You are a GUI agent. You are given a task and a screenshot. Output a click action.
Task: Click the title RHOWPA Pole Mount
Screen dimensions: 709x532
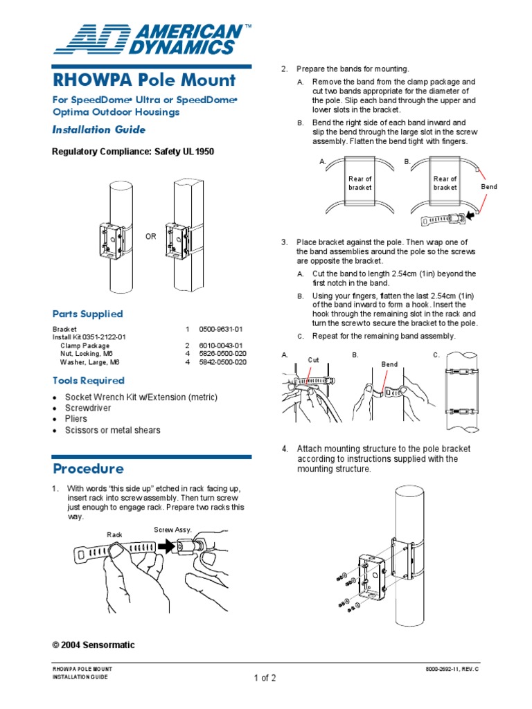(144, 80)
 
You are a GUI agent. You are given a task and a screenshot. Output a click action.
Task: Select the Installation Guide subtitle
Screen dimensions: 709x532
(99, 129)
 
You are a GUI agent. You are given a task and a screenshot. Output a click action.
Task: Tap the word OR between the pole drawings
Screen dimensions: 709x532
(150, 237)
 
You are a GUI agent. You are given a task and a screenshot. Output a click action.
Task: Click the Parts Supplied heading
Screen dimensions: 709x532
(88, 314)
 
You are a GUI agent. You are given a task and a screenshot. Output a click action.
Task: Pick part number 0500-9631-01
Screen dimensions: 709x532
(220, 329)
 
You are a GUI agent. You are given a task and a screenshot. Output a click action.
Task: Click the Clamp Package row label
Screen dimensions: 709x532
(85, 345)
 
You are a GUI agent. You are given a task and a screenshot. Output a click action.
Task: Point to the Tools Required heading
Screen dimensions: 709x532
(89, 380)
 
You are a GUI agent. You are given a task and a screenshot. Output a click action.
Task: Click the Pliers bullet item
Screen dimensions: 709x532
(76, 419)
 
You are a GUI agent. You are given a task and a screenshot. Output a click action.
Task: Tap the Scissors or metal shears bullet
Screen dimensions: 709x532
(112, 430)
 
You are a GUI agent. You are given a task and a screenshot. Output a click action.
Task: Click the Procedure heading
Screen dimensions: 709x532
(88, 469)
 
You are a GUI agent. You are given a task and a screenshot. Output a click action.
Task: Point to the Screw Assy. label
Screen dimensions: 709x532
(172, 530)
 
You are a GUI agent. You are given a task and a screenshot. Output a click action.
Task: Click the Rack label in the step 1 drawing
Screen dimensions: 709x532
(114, 535)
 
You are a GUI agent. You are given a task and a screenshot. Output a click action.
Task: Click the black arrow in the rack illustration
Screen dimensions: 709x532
(167, 546)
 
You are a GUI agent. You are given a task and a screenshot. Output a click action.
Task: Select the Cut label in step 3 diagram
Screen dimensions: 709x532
(313, 360)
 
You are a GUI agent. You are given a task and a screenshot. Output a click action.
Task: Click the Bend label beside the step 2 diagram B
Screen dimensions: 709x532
(489, 187)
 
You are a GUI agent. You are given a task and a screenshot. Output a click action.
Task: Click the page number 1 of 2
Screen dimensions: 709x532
(265, 678)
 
